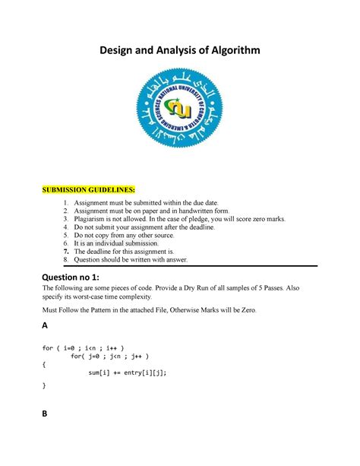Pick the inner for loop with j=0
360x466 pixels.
point(115,356)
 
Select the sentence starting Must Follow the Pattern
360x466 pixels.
point(150,310)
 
